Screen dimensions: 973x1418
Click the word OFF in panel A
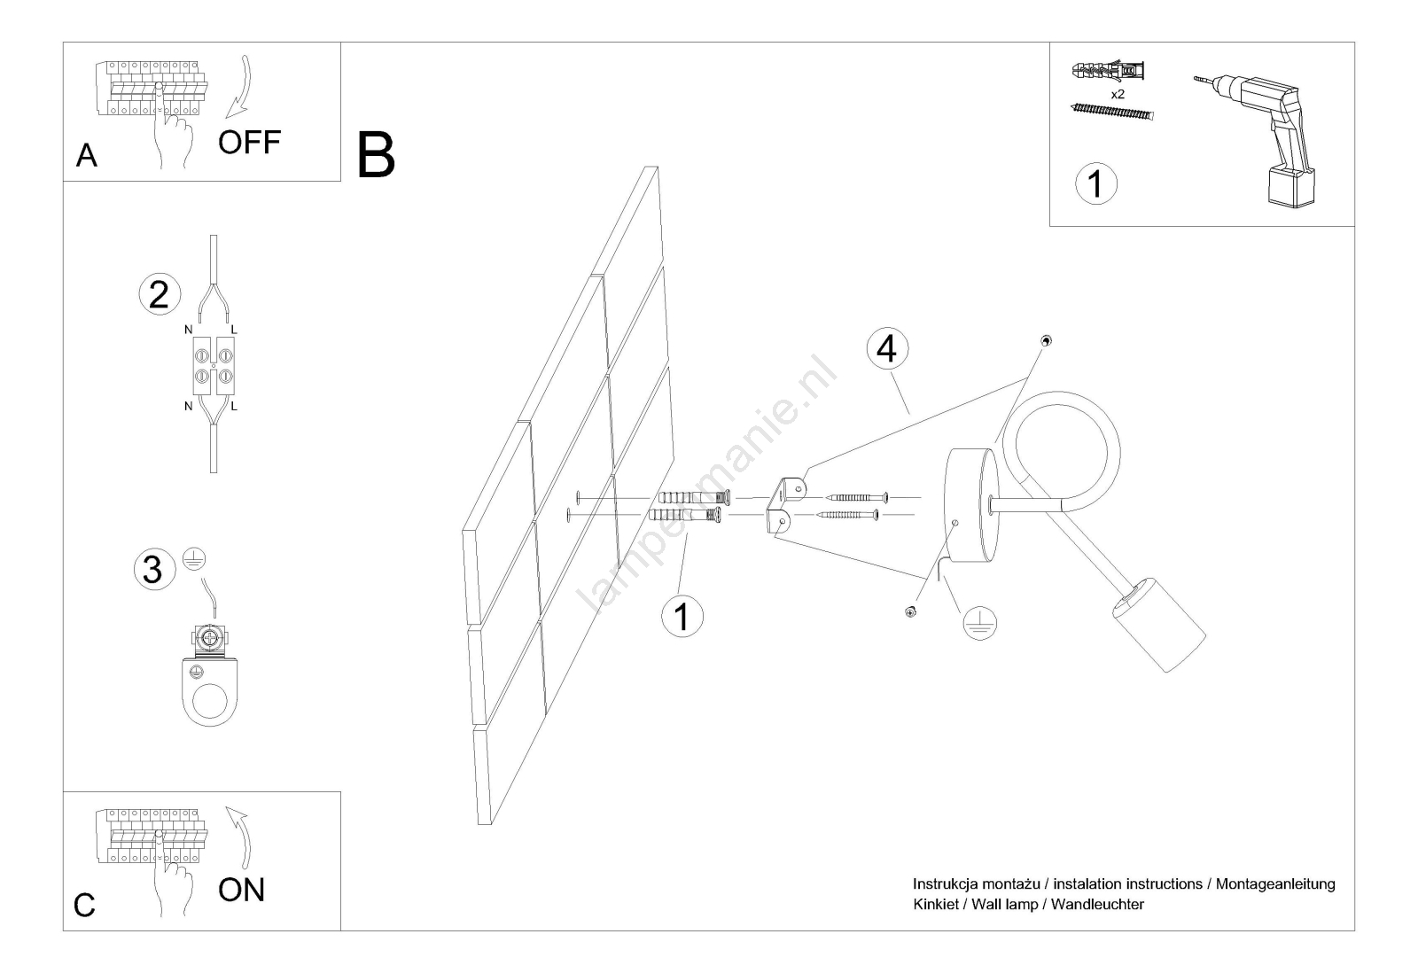[249, 142]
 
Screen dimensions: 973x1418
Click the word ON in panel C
[241, 890]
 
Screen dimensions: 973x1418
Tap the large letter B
[376, 156]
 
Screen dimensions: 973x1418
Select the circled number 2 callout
[160, 294]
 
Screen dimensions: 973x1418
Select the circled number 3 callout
[153, 569]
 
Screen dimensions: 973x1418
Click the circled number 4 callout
[886, 349]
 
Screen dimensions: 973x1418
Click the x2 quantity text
[1117, 93]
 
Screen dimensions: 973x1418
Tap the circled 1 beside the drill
[1095, 183]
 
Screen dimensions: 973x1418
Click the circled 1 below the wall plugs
[682, 616]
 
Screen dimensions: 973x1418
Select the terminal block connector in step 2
[212, 367]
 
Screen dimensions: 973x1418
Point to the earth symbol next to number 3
[193, 557]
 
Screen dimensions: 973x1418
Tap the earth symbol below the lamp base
[978, 624]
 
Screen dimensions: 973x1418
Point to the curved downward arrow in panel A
[240, 88]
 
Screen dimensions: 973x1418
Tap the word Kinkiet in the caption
[935, 905]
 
